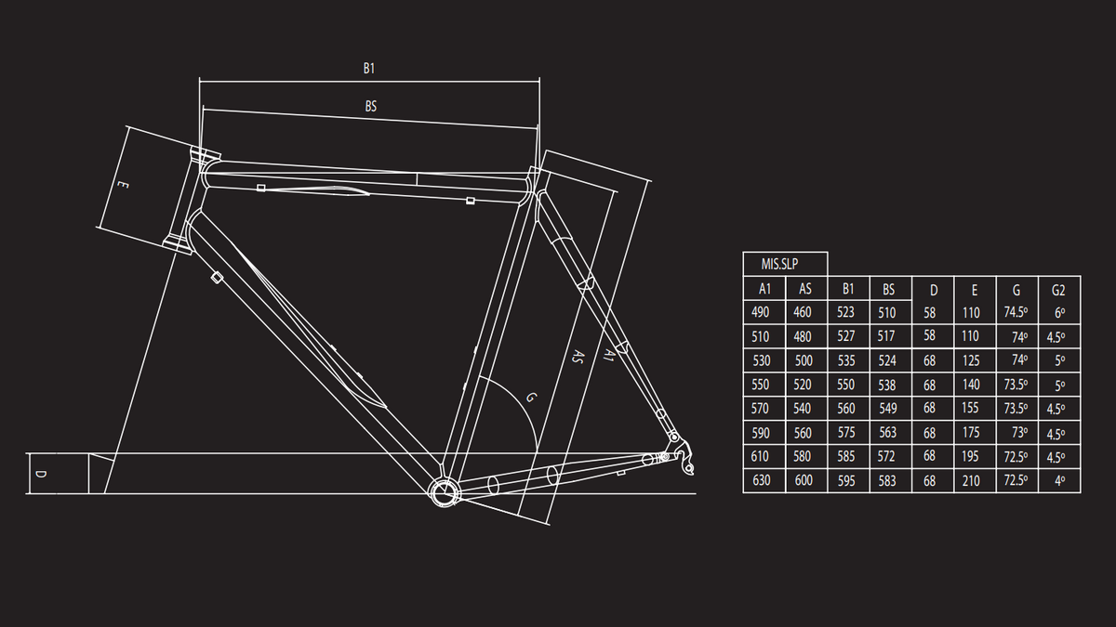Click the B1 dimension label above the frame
[368, 68]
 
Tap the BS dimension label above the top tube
[371, 106]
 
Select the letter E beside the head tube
[123, 185]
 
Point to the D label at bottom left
[42, 474]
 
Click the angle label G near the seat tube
[532, 398]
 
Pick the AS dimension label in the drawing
[578, 357]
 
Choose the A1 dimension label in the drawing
[608, 354]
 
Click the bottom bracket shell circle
[445, 491]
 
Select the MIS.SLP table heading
[779, 264]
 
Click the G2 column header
[1058, 290]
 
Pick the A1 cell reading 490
[761, 312]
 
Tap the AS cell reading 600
[804, 480]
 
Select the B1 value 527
[846, 336]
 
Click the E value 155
[971, 408]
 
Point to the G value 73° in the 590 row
[1019, 433]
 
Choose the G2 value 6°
[1059, 312]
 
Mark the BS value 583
[887, 481]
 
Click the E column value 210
[971, 481]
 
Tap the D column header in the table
[934, 290]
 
